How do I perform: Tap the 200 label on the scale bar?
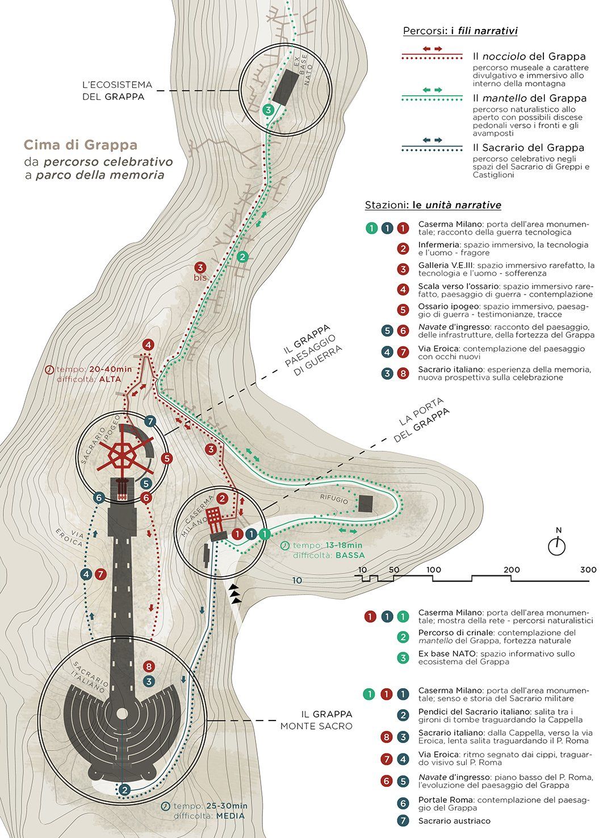coord(512,569)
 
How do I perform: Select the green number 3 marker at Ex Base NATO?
coord(268,110)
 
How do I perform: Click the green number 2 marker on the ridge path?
coord(243,257)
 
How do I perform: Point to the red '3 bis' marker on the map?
coord(200,271)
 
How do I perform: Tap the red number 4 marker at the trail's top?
coord(149,345)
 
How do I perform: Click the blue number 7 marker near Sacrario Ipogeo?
coord(150,421)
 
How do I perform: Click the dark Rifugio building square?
coord(366,503)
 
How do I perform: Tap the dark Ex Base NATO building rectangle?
coord(286,86)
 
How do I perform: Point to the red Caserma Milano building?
coord(215,519)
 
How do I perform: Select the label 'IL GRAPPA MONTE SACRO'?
coord(316,720)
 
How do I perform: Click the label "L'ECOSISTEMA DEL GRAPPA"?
coord(117,90)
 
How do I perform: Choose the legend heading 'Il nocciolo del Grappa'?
coord(529,56)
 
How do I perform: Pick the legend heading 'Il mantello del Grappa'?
coord(530,98)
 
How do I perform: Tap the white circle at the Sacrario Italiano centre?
coord(122,714)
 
